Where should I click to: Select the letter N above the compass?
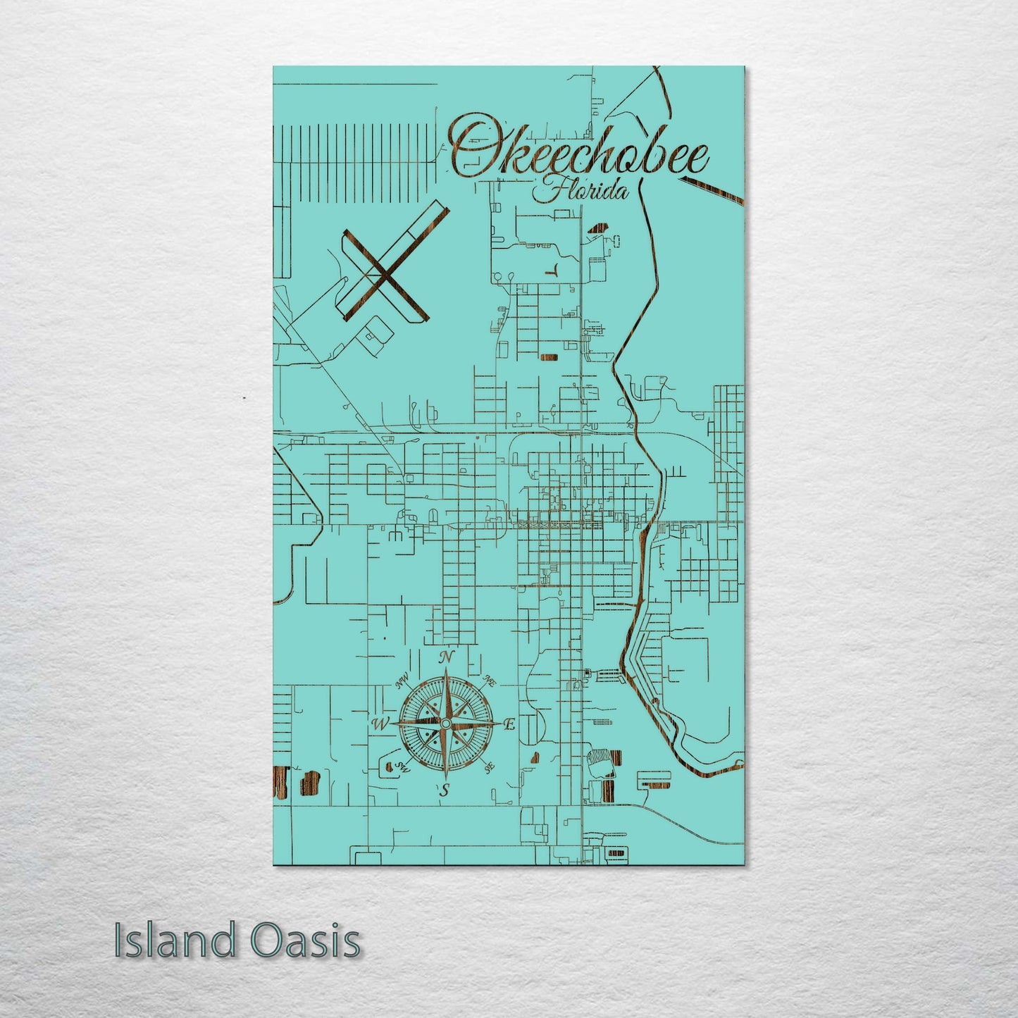click(445, 657)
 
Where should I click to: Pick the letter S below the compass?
click(444, 790)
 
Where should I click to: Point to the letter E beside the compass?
click(509, 724)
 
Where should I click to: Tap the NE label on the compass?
click(488, 681)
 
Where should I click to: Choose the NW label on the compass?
click(403, 681)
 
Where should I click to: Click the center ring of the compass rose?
click(445, 724)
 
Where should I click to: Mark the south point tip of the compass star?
click(445, 778)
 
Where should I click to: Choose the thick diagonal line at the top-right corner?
click(712, 190)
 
